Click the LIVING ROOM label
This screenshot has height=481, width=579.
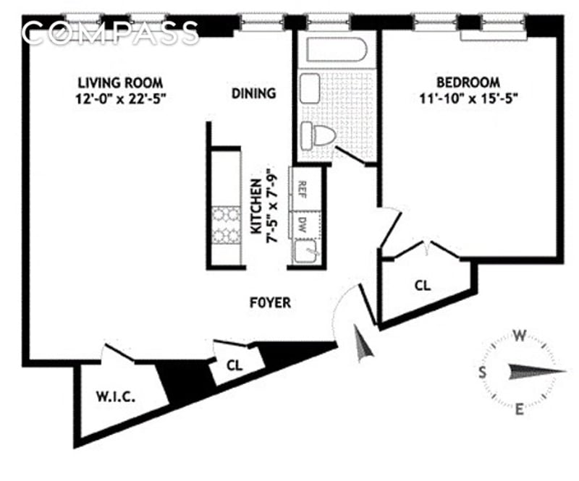[121, 82]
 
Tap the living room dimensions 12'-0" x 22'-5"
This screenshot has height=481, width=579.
[121, 100]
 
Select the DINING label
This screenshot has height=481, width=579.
[253, 93]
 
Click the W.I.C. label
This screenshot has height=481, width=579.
[116, 396]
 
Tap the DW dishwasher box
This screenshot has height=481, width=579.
[303, 224]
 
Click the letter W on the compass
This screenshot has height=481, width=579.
[519, 335]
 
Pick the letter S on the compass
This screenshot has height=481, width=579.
[483, 372]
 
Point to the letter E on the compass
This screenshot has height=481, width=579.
[519, 411]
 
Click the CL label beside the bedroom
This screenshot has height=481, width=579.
[423, 286]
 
